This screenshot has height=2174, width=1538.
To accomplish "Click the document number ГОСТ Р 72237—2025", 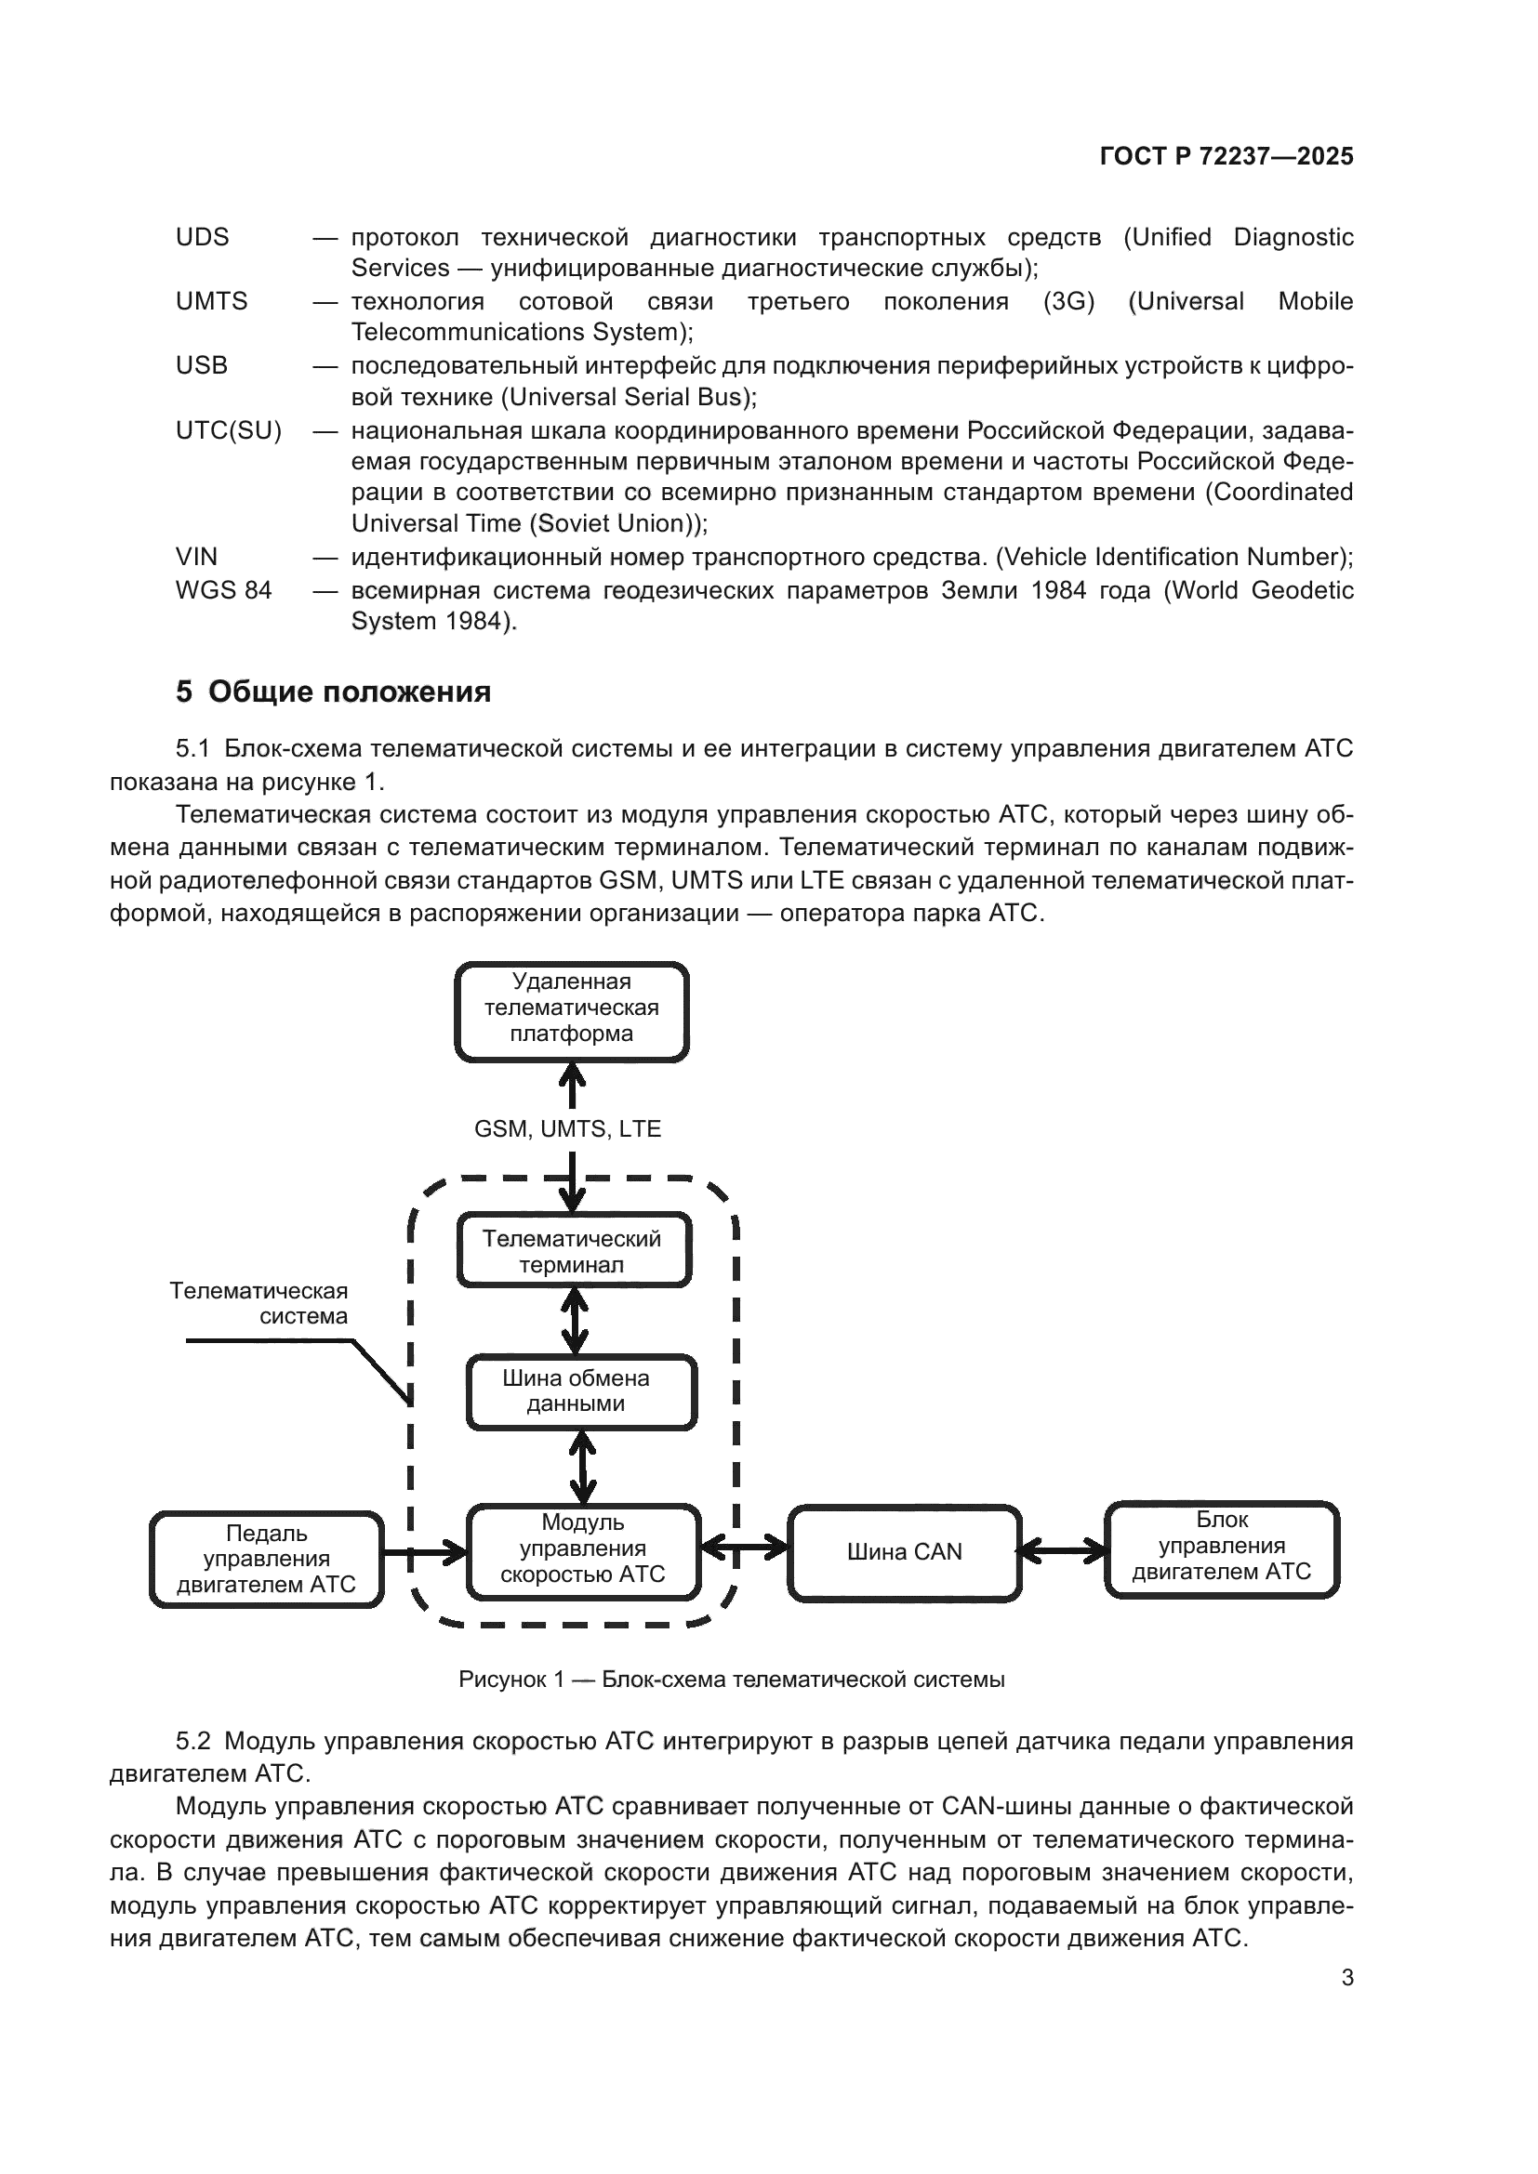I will tap(1226, 157).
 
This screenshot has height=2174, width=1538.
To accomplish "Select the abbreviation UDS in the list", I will tap(202, 237).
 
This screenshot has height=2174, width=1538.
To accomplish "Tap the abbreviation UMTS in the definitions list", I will tap(211, 301).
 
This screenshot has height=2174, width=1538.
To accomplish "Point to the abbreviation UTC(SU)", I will tap(228, 431).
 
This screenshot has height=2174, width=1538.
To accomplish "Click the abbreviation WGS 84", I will tap(223, 590).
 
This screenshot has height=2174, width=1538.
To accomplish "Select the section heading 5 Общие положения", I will tap(334, 692).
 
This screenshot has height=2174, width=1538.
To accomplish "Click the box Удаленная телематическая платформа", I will tap(571, 1011).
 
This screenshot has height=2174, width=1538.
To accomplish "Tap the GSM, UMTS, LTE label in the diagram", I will tap(567, 1128).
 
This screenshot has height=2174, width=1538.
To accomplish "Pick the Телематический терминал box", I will tap(573, 1251).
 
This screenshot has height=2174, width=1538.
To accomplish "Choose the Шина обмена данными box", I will tap(580, 1391).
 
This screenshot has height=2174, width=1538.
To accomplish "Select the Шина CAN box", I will tap(904, 1552).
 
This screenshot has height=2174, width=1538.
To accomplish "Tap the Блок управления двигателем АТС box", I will tap(1222, 1548).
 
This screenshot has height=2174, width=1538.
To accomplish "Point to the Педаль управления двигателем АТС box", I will tap(266, 1558).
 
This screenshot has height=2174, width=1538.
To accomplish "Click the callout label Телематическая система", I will tap(259, 1303).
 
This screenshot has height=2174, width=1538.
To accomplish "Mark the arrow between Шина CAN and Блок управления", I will tap(1063, 1550).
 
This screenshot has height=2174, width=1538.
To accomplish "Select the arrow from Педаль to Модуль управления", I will tap(425, 1552).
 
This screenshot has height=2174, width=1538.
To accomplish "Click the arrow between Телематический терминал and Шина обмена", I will tap(574, 1321).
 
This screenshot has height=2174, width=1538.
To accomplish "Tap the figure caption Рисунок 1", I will tap(731, 1679).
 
